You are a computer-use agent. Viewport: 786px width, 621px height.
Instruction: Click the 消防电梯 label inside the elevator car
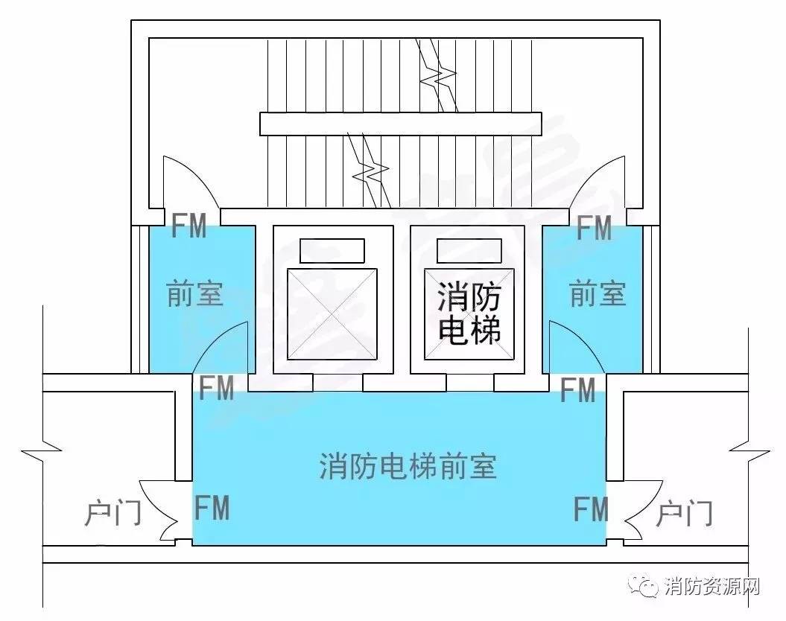click(x=469, y=313)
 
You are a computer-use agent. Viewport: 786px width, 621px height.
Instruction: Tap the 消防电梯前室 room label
click(x=408, y=466)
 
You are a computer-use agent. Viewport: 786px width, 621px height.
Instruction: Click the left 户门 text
click(x=112, y=513)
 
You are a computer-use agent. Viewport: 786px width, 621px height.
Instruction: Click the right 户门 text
click(x=684, y=513)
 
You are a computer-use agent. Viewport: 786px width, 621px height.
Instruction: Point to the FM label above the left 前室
click(x=189, y=226)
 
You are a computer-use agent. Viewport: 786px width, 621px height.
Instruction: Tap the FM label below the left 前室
click(x=217, y=387)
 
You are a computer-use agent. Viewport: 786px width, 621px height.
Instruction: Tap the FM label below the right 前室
click(x=577, y=389)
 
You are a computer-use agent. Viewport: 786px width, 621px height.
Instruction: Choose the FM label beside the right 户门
click(x=591, y=509)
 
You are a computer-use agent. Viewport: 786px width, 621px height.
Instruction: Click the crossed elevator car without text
click(x=332, y=314)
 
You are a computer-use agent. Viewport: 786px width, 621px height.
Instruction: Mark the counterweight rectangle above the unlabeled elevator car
click(x=332, y=250)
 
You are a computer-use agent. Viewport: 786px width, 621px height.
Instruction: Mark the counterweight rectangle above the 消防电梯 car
click(x=469, y=250)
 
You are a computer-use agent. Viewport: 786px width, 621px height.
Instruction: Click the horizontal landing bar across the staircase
click(x=401, y=124)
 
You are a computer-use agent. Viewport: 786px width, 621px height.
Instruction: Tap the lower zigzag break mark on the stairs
click(x=371, y=171)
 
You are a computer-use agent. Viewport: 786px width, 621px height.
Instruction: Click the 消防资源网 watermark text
click(x=712, y=586)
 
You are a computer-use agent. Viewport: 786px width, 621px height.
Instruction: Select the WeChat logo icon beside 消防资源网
click(x=644, y=585)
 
